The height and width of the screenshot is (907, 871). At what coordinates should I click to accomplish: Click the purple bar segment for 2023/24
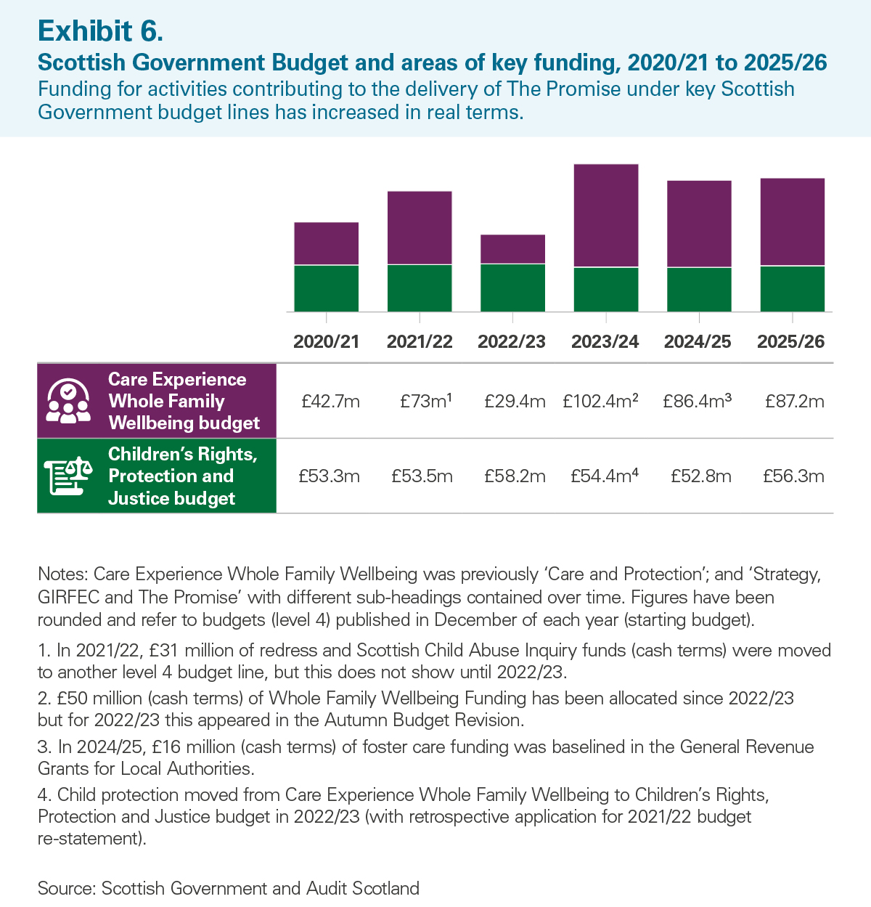coord(606,216)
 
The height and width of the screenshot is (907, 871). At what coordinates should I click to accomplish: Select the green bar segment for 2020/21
coord(326,288)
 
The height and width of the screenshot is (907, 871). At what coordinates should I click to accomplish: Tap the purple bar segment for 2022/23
coord(512,249)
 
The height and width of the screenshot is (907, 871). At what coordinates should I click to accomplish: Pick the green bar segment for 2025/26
coord(792,289)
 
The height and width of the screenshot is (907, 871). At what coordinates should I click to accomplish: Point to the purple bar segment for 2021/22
coord(420,228)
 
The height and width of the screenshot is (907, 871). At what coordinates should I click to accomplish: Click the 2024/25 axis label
coord(698,342)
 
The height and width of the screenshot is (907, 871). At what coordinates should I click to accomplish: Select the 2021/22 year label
coord(420,342)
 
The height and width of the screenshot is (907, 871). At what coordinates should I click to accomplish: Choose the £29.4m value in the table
coord(515,402)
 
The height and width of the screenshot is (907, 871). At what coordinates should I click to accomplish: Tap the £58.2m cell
coord(515,476)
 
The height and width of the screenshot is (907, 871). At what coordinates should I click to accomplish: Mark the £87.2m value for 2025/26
coord(794,402)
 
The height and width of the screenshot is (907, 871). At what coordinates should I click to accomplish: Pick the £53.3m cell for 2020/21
coord(329,476)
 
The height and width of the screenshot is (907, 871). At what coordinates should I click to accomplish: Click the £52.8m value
coord(701,476)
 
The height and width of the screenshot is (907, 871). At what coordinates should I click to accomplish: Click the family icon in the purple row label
coord(68,402)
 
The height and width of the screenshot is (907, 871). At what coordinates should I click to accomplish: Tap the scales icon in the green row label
coord(68,476)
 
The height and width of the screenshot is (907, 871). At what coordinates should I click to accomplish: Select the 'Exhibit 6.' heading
coord(100,30)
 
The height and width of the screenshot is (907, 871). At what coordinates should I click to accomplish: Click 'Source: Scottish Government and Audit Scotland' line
coord(229,888)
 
